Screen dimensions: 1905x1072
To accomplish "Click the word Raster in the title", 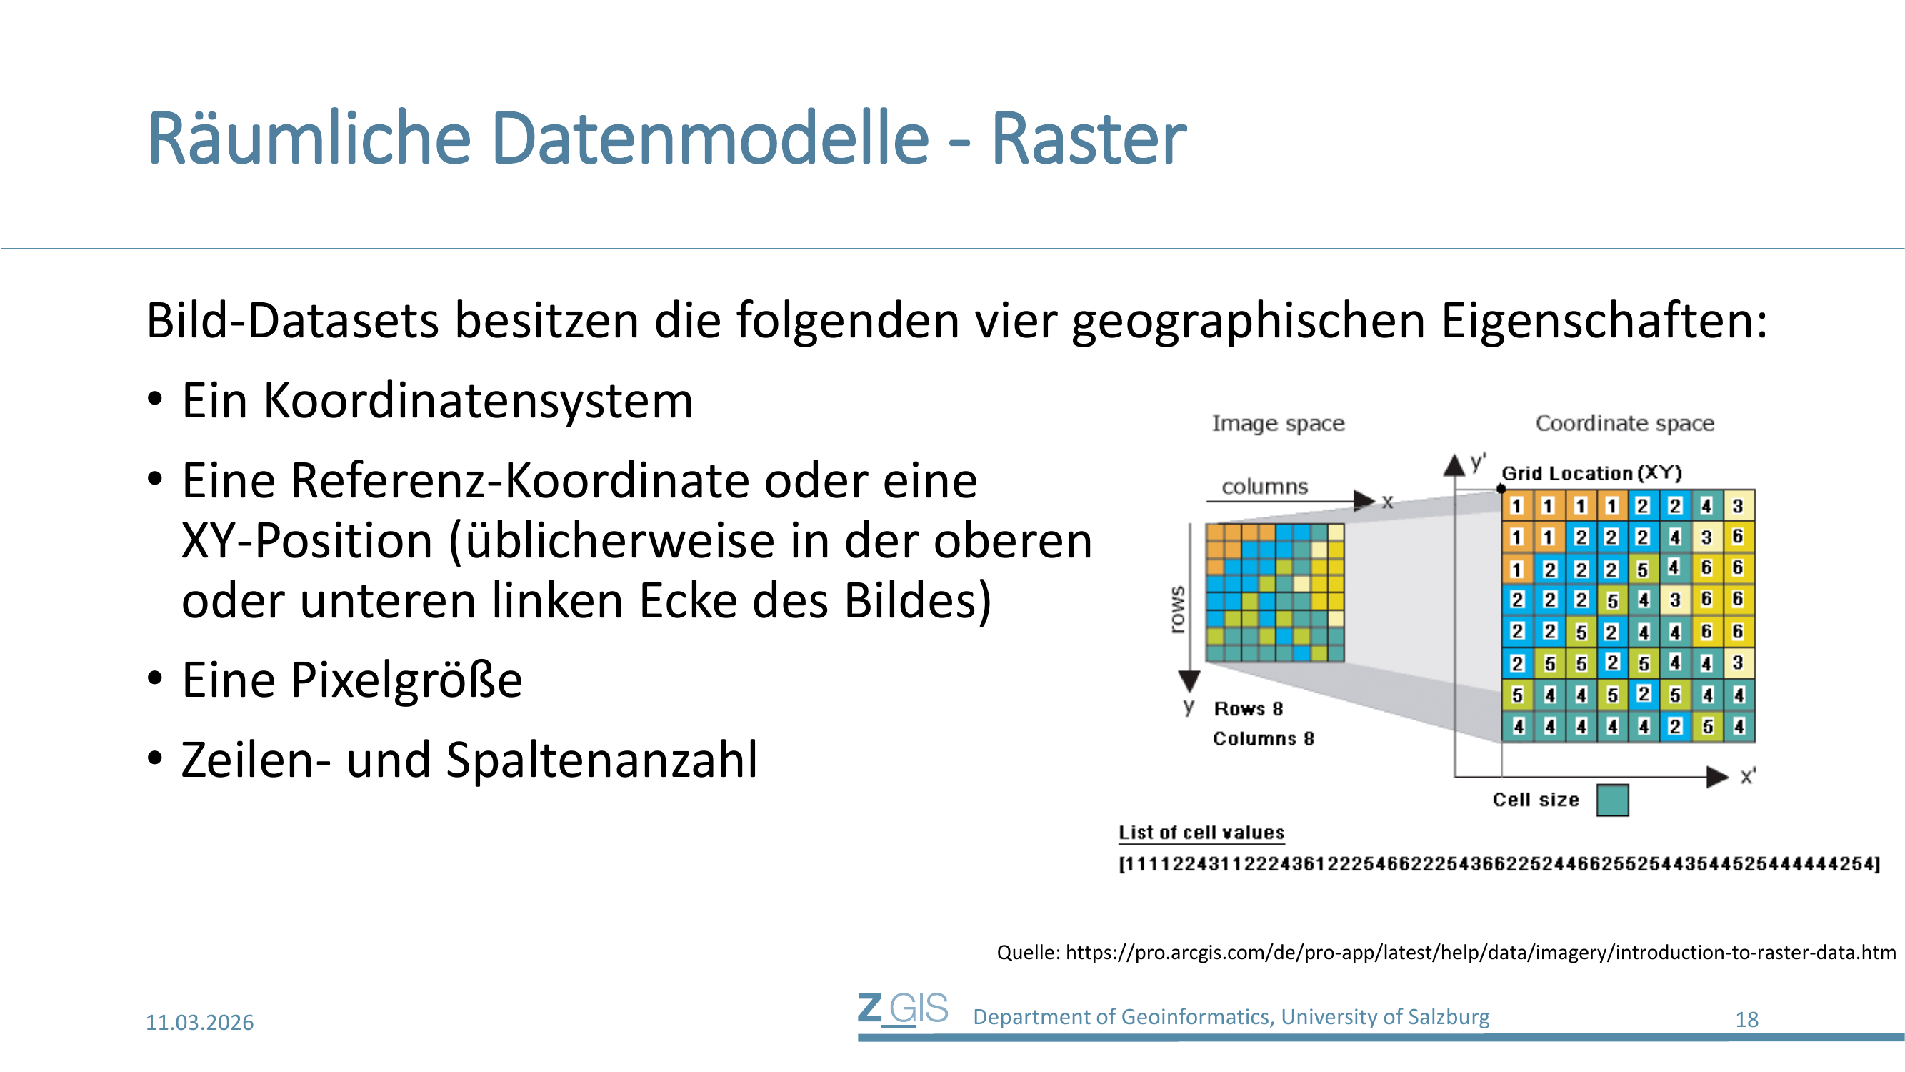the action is point(1088,139).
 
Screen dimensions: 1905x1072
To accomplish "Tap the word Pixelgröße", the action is point(406,680).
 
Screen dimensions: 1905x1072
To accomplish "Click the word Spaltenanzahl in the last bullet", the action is point(602,760).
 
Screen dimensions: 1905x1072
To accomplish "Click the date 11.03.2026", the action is point(200,1023).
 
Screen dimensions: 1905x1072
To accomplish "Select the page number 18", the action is point(1746,1020).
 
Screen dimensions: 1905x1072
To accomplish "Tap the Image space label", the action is point(1278,423).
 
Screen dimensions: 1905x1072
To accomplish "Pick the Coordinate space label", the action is point(1625,423).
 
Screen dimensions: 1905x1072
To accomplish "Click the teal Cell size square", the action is point(1612,800).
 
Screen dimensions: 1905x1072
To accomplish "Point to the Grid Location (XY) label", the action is point(1591,472).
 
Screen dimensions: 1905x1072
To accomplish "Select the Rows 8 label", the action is point(1249,709).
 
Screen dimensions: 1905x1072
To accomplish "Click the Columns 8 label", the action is point(1263,738).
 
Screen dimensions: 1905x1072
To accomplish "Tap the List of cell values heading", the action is point(1201,833).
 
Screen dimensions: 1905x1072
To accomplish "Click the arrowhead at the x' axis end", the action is point(1717,777).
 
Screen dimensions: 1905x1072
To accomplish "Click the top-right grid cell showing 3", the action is point(1738,506).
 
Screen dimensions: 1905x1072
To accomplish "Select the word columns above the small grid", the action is point(1264,487).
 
